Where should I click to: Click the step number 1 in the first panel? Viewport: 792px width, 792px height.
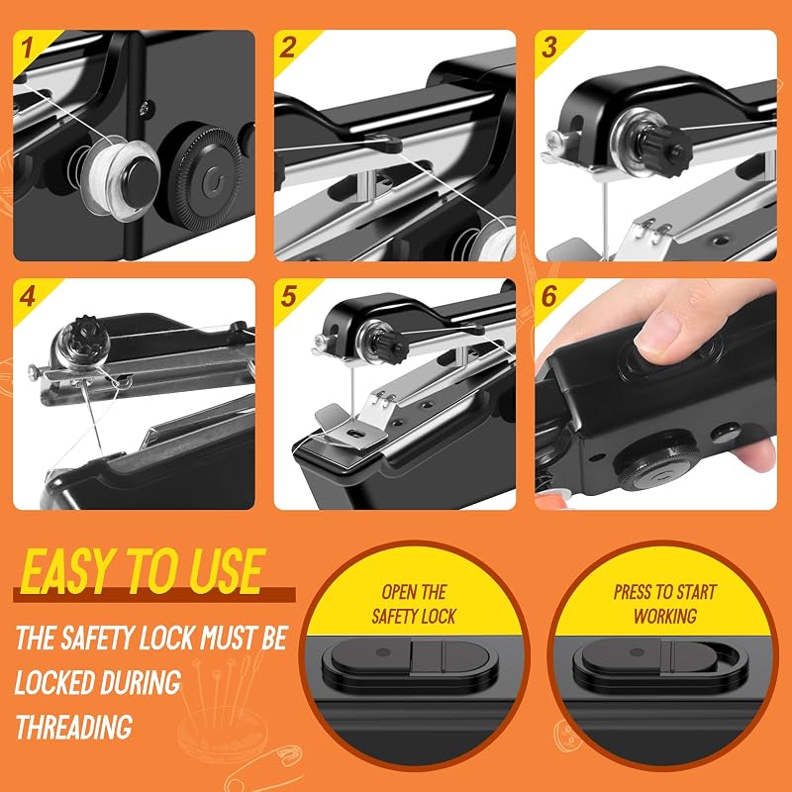[x=27, y=48]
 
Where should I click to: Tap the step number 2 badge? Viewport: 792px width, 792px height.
[x=287, y=48]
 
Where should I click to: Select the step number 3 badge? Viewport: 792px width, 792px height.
[x=549, y=48]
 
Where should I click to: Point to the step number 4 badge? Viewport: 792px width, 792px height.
[x=28, y=296]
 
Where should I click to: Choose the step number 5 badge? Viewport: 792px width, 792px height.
[x=288, y=296]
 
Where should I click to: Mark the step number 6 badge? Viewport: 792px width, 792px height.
[x=549, y=296]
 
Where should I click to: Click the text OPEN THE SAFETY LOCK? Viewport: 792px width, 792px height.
[x=414, y=604]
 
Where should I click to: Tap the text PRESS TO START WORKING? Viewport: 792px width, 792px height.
[x=664, y=604]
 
